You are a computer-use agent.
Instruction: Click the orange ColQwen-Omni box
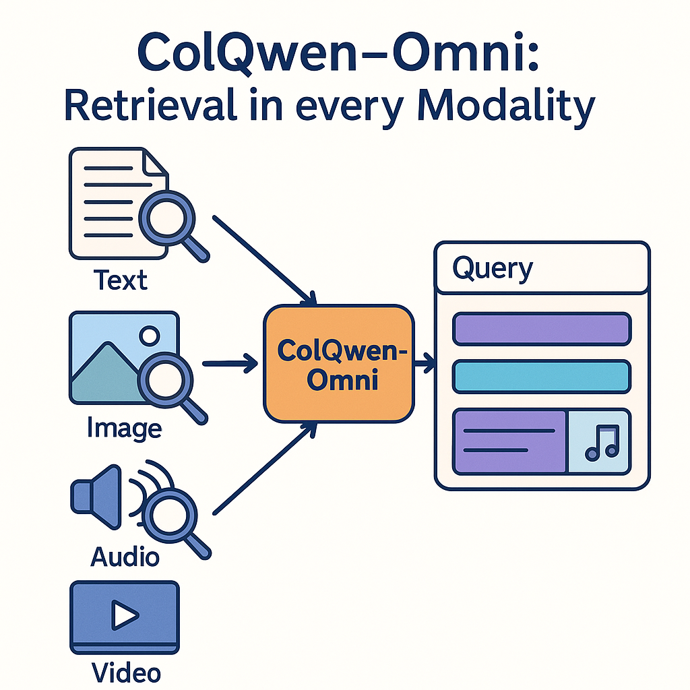(338, 364)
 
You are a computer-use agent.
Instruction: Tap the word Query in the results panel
(492, 269)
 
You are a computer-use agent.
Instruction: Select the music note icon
(599, 442)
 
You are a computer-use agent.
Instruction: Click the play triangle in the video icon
(125, 615)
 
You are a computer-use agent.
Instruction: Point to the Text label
(121, 279)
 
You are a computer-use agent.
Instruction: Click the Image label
(125, 427)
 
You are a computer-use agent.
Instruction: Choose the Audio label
(125, 557)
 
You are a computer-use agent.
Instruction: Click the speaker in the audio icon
(91, 495)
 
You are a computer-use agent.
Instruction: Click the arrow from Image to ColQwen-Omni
(229, 364)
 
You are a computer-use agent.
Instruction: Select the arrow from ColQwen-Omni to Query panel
(425, 365)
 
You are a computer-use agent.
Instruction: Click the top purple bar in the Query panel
(542, 329)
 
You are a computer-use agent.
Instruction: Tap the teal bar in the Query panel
(542, 377)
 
